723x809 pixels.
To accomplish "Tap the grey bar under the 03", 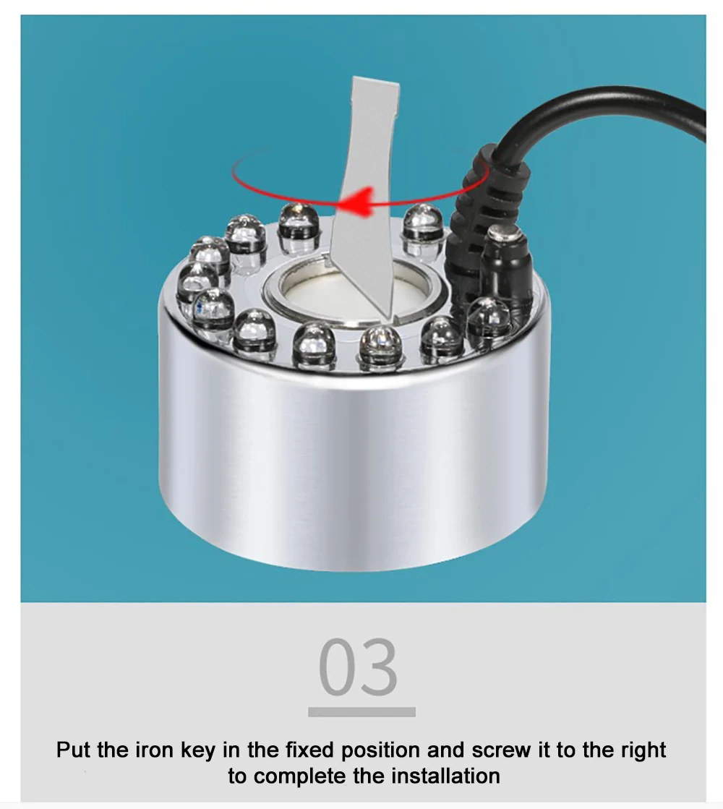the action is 361,712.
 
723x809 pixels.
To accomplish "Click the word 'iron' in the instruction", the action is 154,750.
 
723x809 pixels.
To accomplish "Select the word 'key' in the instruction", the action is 197,751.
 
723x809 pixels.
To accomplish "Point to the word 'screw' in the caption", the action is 501,751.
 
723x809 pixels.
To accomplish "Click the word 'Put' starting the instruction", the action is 74,750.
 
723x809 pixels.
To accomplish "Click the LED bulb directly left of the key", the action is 299,227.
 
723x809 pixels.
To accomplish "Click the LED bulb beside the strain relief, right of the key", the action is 423,229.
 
